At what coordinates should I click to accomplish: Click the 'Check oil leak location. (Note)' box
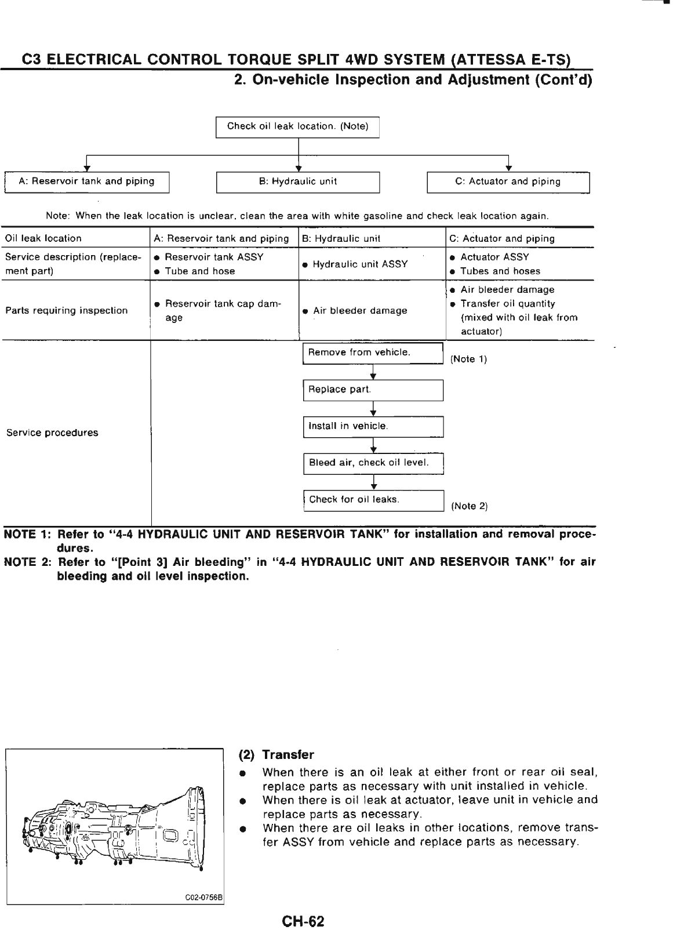point(297,127)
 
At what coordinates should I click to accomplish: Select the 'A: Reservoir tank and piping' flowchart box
point(86,181)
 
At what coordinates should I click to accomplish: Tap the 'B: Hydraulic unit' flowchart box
point(297,181)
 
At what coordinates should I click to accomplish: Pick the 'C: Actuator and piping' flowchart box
point(508,181)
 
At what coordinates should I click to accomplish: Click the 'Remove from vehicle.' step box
point(373,353)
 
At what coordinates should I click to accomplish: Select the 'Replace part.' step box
point(373,390)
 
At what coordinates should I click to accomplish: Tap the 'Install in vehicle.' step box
point(373,427)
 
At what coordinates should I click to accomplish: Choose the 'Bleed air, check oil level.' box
point(373,463)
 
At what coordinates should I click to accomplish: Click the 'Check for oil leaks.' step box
point(373,500)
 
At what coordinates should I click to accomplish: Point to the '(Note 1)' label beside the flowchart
point(468,359)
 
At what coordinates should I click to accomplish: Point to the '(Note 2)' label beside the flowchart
point(469,506)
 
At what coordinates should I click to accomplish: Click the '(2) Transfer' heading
point(277,755)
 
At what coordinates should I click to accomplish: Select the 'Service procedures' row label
point(52,433)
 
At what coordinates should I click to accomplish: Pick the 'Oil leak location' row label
point(43,238)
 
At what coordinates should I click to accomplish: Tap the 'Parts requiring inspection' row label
point(66,311)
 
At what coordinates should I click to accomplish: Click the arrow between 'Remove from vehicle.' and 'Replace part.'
point(373,372)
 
